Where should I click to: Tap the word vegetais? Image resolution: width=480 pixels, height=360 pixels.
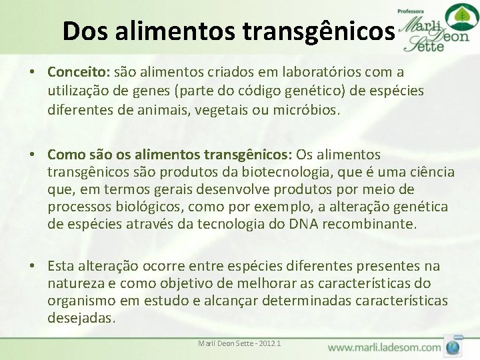click(x=219, y=109)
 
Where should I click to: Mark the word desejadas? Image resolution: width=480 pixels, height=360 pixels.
click(x=81, y=318)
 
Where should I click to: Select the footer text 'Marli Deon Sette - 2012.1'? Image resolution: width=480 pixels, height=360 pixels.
click(x=239, y=343)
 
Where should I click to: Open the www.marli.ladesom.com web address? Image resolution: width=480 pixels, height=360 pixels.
click(x=385, y=347)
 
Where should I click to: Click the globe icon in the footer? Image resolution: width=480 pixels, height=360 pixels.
click(x=454, y=346)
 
